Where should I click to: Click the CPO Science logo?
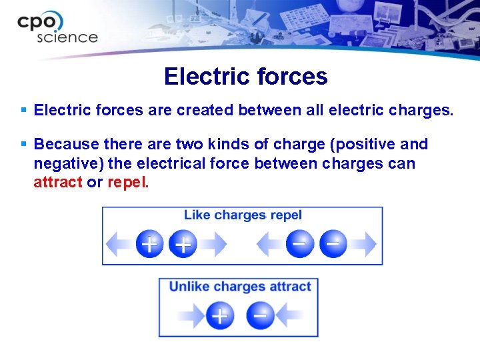pyautogui.click(x=57, y=28)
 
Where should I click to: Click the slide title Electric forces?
pyautogui.click(x=245, y=77)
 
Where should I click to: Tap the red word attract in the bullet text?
pyautogui.click(x=57, y=182)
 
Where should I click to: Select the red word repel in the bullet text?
pyautogui.click(x=126, y=182)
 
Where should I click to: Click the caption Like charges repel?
pyautogui.click(x=243, y=215)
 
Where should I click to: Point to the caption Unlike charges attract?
pyautogui.click(x=240, y=287)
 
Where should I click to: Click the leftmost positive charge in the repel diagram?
pyautogui.click(x=149, y=244)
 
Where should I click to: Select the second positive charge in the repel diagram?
pyautogui.click(x=183, y=244)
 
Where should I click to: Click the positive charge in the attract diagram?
pyautogui.click(x=220, y=315)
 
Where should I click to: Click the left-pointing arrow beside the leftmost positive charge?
pyautogui.click(x=120, y=244)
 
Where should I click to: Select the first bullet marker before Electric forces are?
pyautogui.click(x=24, y=109)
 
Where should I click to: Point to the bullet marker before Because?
pyautogui.click(x=24, y=144)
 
